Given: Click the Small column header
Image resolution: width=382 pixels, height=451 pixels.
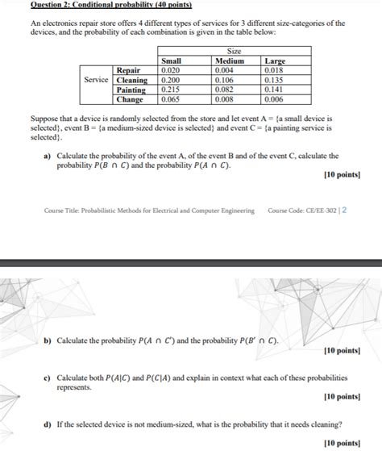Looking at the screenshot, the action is coord(172,61).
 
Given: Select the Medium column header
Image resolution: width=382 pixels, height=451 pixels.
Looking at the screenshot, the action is coord(229,61).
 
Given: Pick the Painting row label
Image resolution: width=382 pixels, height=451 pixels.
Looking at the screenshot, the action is coord(131,90).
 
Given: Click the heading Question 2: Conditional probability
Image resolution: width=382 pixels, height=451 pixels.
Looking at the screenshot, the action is coord(104,5).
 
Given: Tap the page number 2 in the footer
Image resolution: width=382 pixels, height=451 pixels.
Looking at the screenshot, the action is coord(344,211).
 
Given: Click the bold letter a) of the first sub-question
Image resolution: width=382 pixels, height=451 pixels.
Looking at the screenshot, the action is coord(48,156).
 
